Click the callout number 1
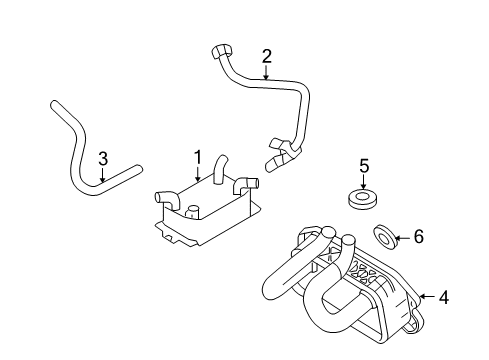point(198,157)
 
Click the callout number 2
point(267,56)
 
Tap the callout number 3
point(102,157)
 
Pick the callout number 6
point(419,237)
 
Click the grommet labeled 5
point(364,197)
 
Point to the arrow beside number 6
point(402,237)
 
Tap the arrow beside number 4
point(427,296)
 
